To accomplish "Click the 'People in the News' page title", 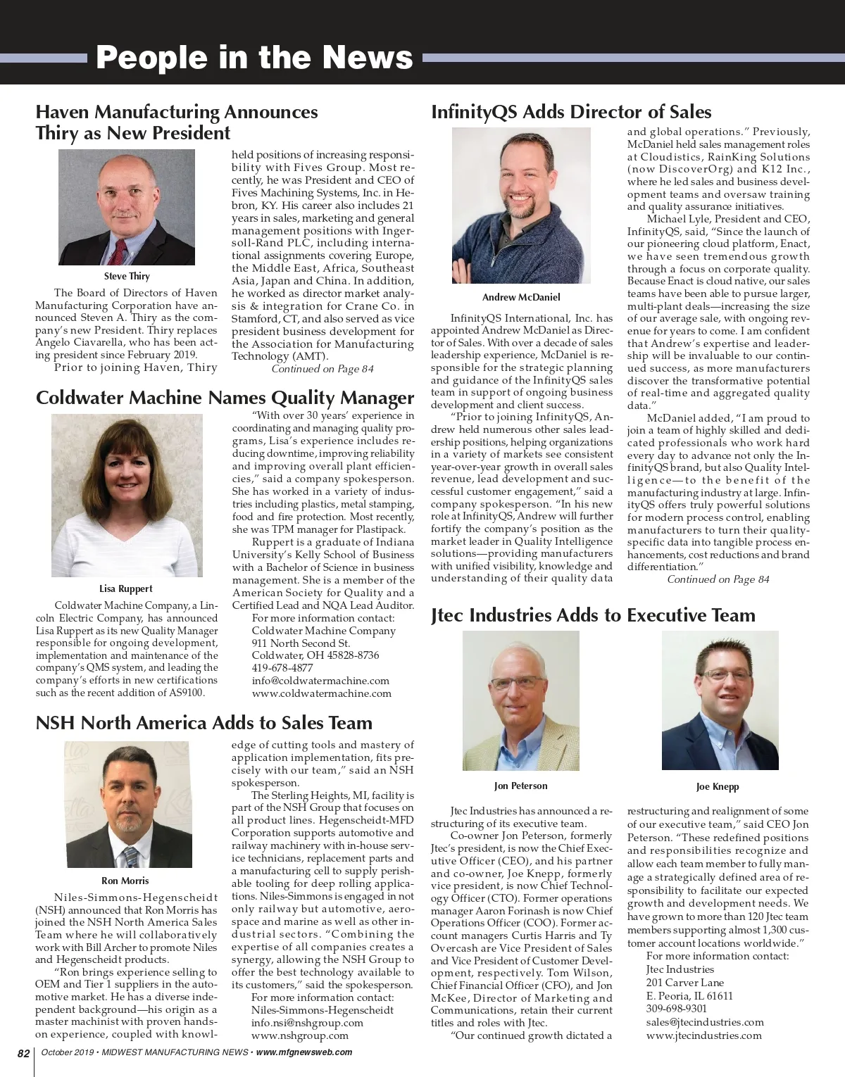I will (x=254, y=58).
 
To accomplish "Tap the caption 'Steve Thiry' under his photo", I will (x=127, y=277).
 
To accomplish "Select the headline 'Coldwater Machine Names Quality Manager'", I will (x=225, y=398).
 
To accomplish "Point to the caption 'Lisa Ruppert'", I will (x=125, y=588).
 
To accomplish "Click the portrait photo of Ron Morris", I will (x=125, y=805).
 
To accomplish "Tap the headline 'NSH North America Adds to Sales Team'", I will (x=204, y=723).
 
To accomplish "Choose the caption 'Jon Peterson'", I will (x=520, y=786).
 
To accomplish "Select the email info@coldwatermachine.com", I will (x=320, y=681).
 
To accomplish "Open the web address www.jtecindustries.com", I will (x=703, y=1035).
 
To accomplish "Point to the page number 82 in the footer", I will (x=23, y=1053).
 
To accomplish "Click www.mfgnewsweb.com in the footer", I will (x=304, y=1053).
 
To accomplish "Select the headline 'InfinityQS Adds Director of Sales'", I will (x=571, y=112).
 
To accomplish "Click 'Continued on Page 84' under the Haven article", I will (x=323, y=369).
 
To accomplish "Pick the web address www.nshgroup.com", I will (x=300, y=1035).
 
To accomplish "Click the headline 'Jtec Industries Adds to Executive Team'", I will (x=593, y=615).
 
